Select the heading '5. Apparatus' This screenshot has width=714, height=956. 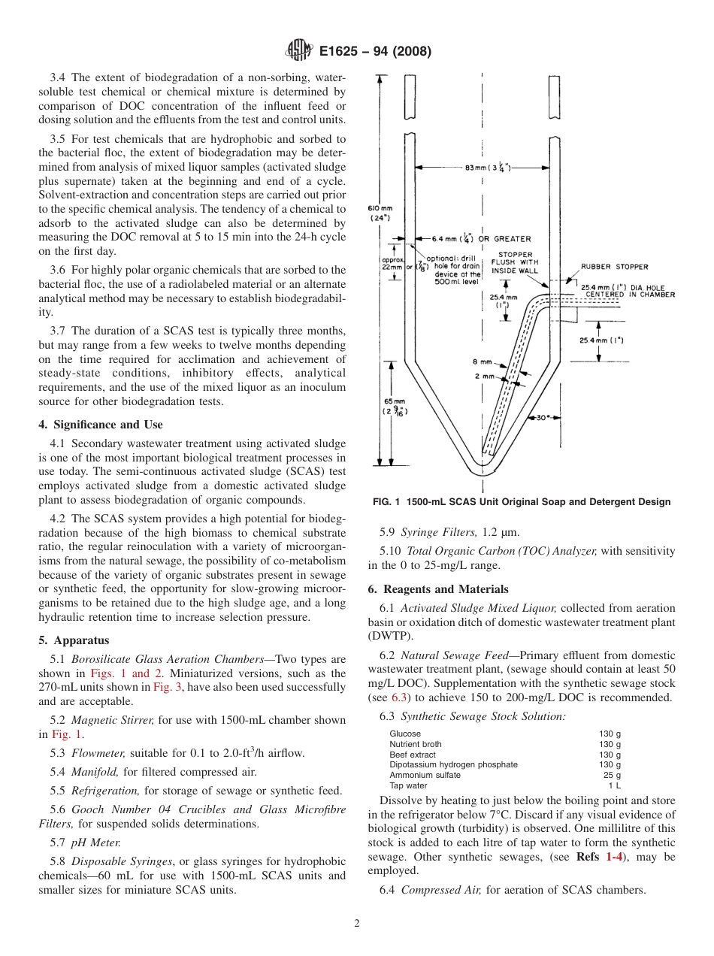tap(74, 640)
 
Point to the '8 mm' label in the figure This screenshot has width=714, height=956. tap(483, 362)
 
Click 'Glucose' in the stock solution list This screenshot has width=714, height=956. tap(404, 734)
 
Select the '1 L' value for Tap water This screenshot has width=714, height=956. tap(614, 785)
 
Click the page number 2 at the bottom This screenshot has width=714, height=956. tap(356, 924)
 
